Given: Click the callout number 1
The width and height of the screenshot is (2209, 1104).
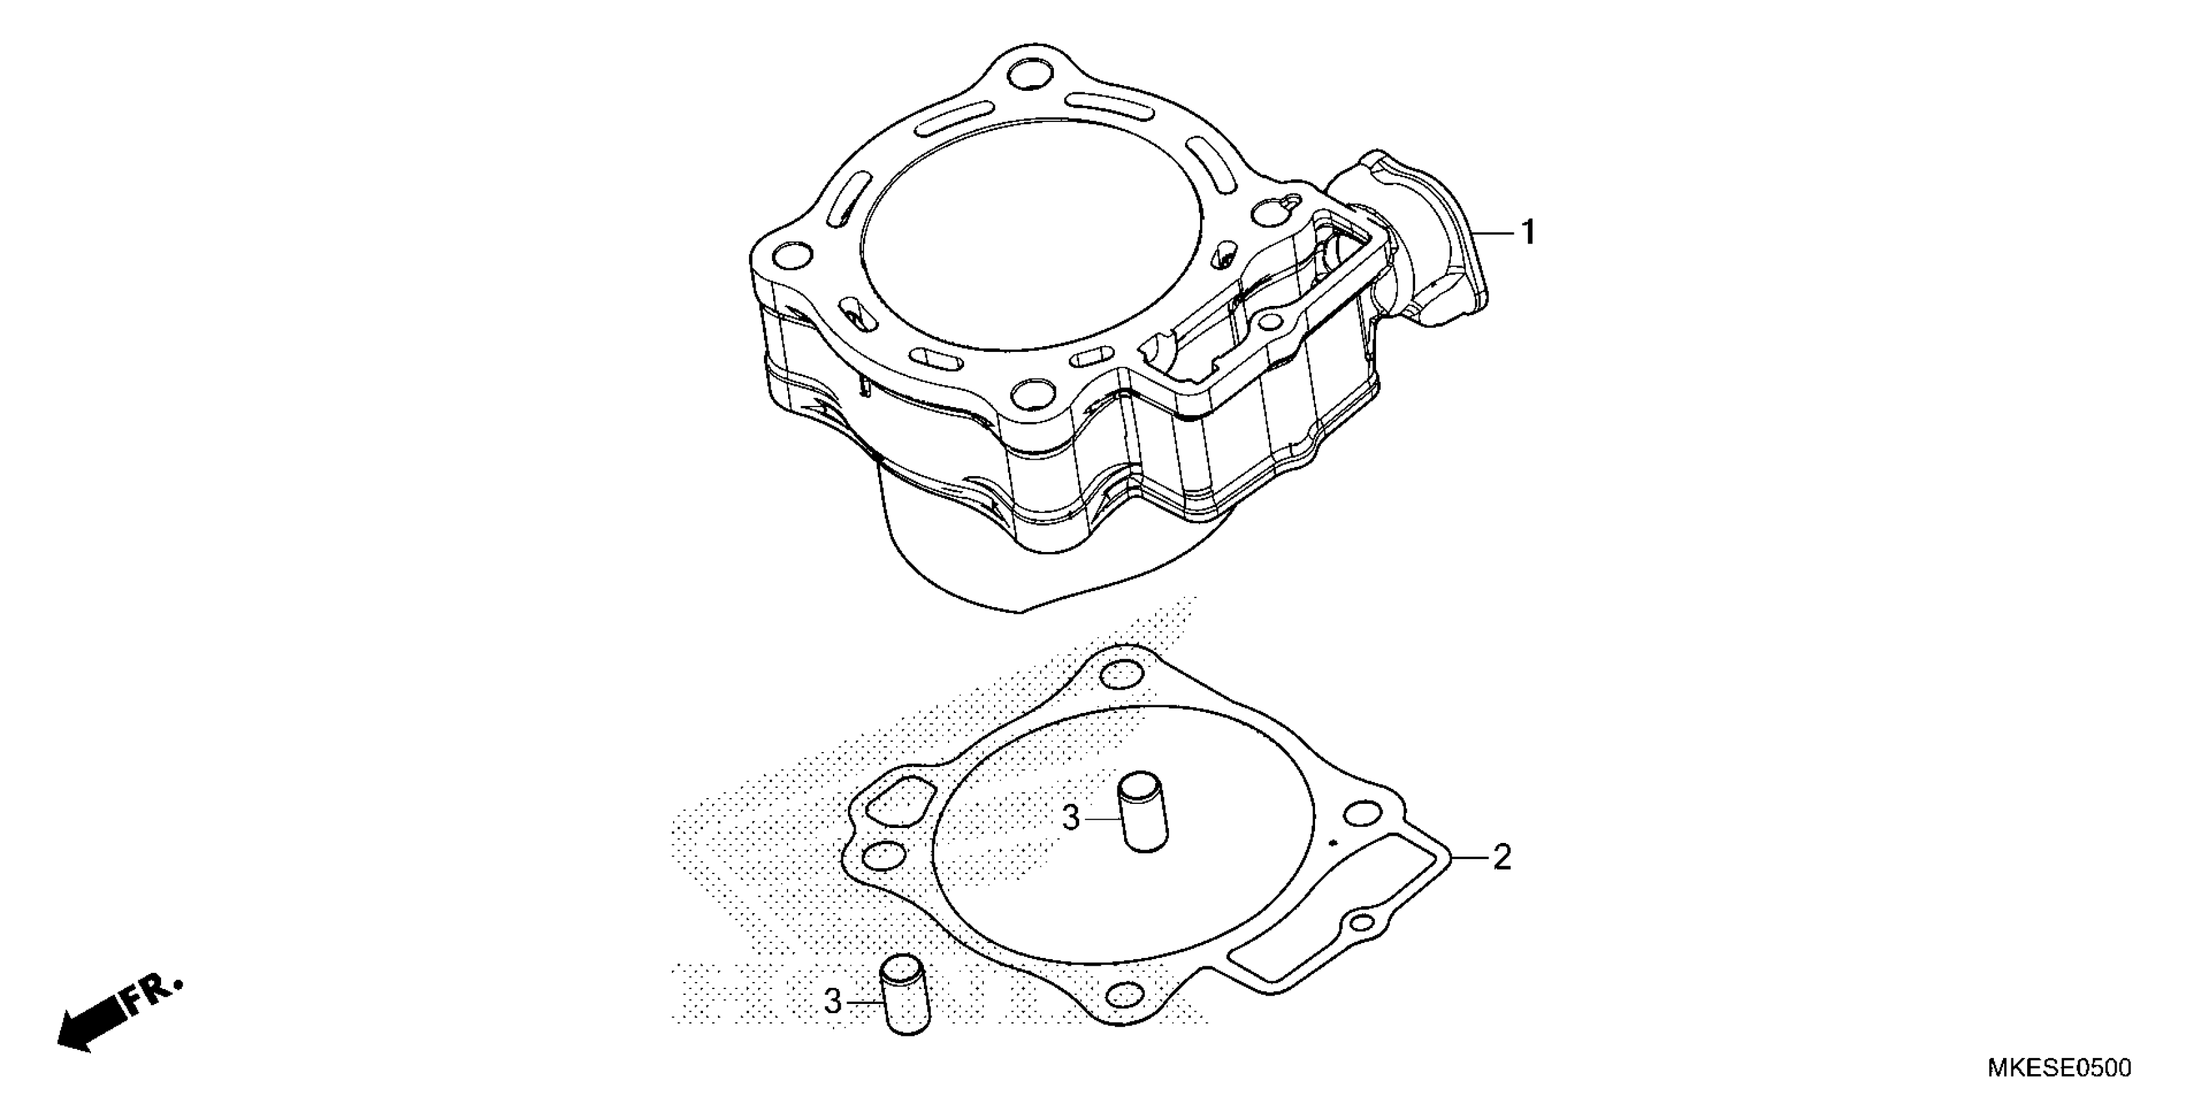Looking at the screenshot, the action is [1527, 232].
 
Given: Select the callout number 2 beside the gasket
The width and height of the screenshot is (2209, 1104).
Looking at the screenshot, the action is [1501, 857].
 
